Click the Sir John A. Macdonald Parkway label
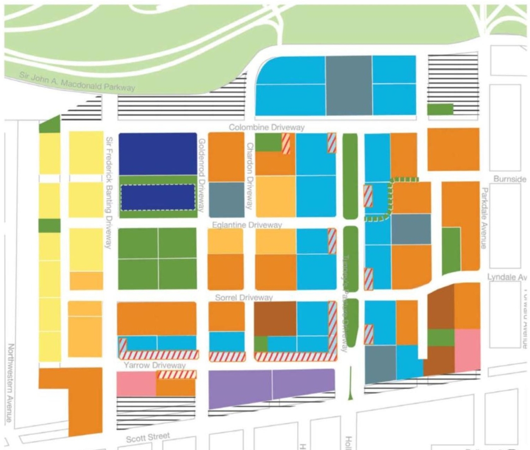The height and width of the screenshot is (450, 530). point(77,81)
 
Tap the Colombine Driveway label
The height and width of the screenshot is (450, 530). point(267,127)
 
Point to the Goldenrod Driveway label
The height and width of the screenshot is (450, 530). point(202,175)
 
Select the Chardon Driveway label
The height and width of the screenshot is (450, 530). point(250,176)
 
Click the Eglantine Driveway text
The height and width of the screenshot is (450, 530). point(247,225)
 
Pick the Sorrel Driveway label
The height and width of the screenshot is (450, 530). point(244,297)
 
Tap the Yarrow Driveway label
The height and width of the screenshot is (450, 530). point(154,365)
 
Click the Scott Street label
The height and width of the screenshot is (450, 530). point(148,437)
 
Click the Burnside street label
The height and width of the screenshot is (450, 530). point(510,179)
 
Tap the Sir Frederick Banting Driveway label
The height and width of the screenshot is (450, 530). point(109,192)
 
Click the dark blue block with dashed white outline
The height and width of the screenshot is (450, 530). point(158,197)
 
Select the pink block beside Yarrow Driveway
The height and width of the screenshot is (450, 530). point(136,384)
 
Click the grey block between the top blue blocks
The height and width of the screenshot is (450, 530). point(348,85)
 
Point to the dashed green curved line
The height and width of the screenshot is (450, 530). point(390,198)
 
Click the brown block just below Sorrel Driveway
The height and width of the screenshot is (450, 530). point(275,318)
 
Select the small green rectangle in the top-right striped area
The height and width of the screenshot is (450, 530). point(440,109)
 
